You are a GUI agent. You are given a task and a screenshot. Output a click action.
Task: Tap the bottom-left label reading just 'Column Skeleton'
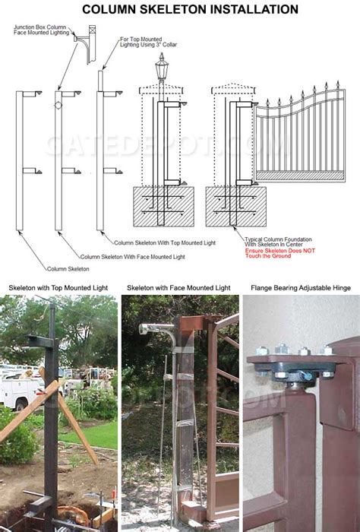[68, 269]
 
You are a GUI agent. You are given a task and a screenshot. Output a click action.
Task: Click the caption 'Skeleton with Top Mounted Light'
[58, 288]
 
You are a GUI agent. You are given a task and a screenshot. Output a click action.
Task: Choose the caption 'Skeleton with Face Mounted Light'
[179, 288]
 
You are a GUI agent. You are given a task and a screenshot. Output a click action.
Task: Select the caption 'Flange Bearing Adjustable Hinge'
[301, 288]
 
